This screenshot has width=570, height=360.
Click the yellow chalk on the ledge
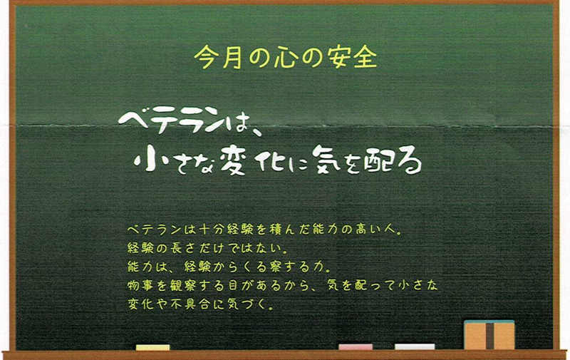tap(152, 347)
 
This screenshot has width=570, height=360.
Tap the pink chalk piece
tap(356, 347)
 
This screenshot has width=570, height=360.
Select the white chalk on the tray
tap(415, 347)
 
